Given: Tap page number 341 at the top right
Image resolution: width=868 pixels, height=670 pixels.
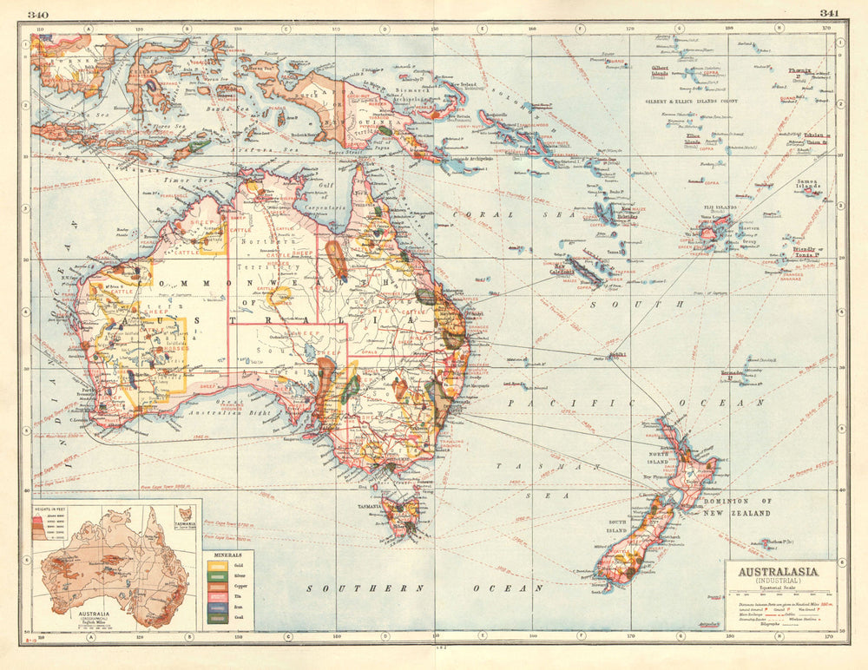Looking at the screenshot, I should (830, 13).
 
